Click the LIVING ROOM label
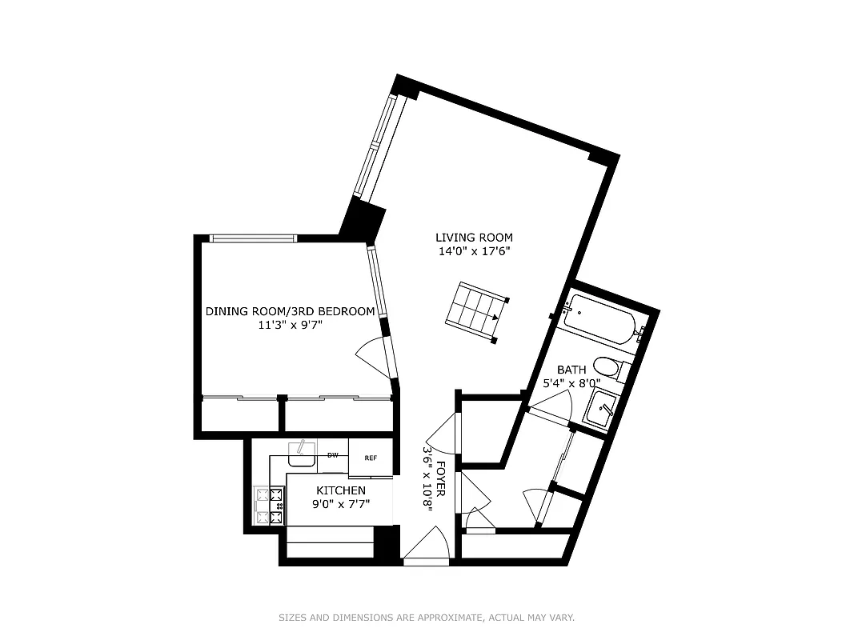[x=474, y=238]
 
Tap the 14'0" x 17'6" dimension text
[x=474, y=251]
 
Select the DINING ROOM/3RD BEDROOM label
[x=290, y=311]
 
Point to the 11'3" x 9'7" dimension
[x=290, y=325]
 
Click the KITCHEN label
[x=341, y=490]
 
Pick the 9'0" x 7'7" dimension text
[x=341, y=504]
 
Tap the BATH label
[x=571, y=370]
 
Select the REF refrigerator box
[x=371, y=458]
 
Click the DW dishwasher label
[x=333, y=455]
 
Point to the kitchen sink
[x=302, y=454]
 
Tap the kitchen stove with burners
[x=269, y=506]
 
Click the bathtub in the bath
[x=599, y=321]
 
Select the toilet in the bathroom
[x=610, y=369]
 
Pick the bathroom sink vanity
[x=603, y=409]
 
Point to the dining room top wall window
[x=253, y=238]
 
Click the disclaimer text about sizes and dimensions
[x=427, y=618]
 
